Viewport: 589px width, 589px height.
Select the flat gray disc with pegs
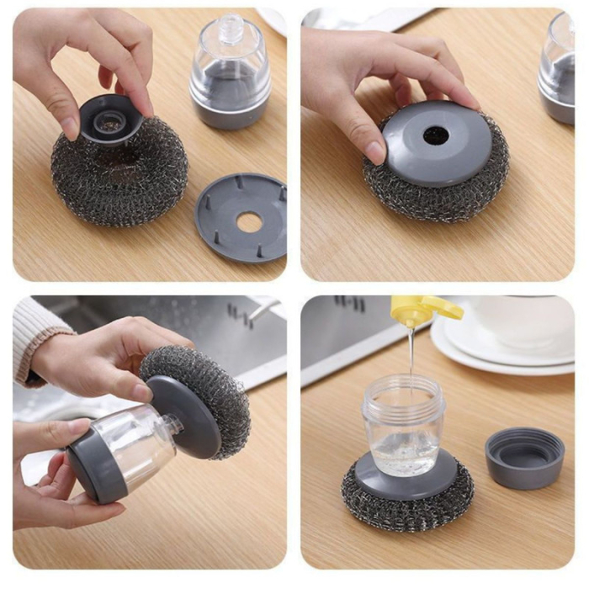[241, 218]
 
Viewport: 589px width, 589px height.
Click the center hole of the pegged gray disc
[248, 222]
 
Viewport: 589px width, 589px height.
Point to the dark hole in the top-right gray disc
[436, 135]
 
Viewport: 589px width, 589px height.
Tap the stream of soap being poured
[411, 349]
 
